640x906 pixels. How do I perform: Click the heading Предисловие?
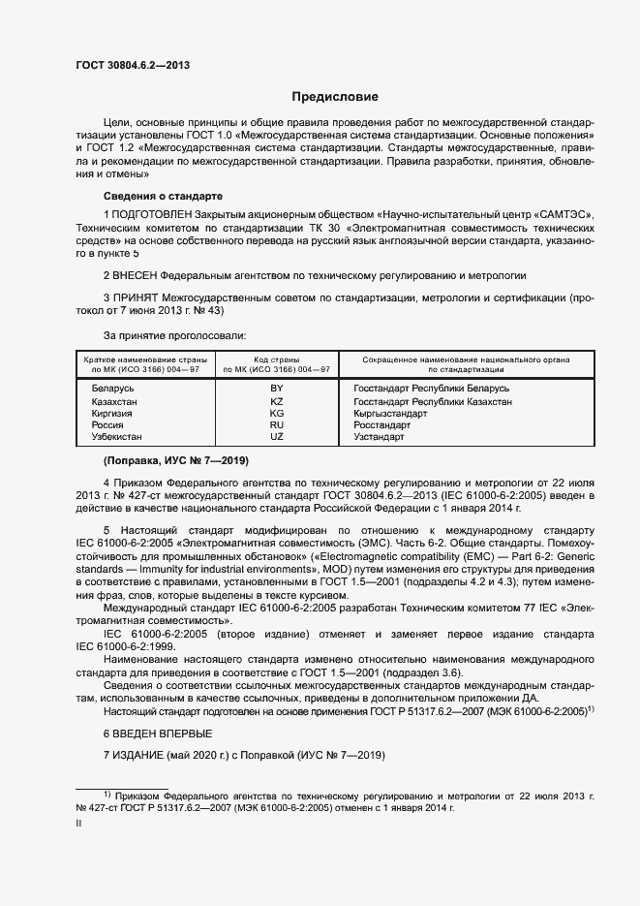(335, 97)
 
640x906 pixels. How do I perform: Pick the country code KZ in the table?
(276, 400)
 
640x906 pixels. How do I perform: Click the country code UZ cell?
(276, 437)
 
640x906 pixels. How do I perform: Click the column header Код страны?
(276, 359)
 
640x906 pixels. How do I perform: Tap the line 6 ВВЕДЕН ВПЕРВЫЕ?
(156, 734)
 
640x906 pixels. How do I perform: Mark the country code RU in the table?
(276, 424)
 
